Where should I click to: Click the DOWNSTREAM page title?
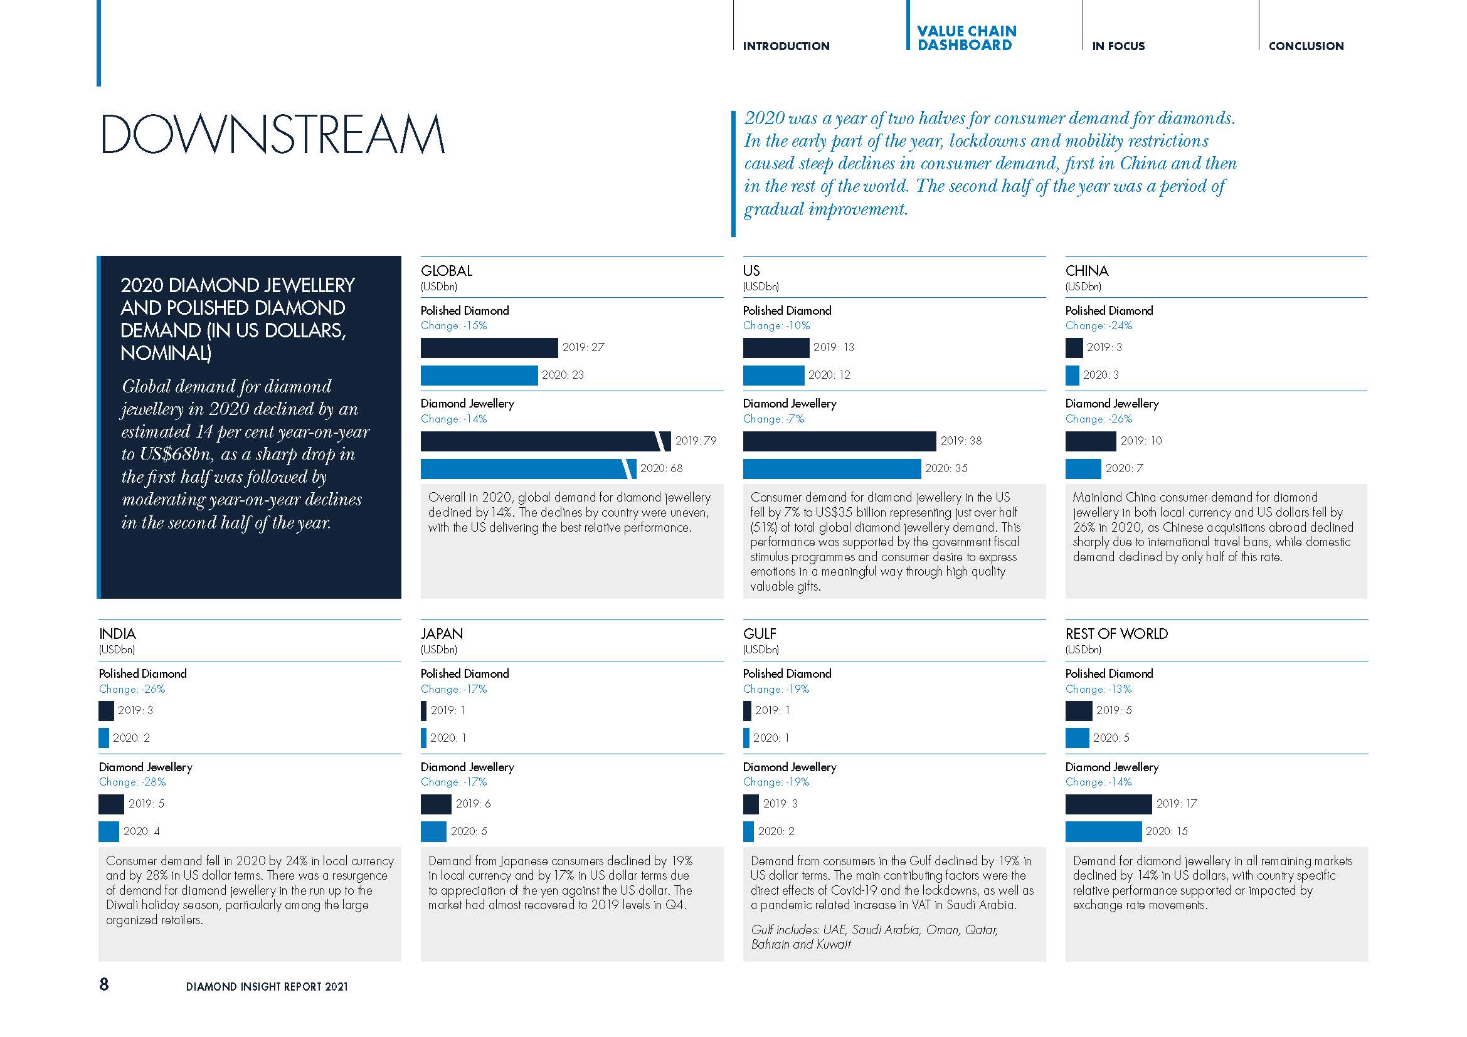tap(273, 134)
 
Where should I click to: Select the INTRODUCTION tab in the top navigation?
tap(786, 46)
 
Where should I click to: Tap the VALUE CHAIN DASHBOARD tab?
tap(966, 38)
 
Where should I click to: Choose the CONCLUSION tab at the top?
tap(1306, 46)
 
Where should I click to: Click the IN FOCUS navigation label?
tap(1118, 46)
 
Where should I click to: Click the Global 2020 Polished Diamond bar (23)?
tap(479, 376)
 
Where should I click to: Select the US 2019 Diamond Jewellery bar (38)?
tap(839, 441)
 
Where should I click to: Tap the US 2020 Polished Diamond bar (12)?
tap(773, 376)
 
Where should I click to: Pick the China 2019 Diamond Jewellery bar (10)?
tap(1090, 441)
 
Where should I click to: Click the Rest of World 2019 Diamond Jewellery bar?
tap(1108, 804)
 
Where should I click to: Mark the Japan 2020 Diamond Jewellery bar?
tap(433, 831)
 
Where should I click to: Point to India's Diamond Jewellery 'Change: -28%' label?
tap(132, 782)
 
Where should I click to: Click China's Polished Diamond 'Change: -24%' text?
tap(1098, 325)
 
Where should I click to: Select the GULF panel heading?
tap(759, 634)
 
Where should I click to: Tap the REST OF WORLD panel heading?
tap(1116, 634)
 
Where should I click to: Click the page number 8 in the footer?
tap(104, 984)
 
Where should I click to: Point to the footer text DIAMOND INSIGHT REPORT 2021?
tap(267, 987)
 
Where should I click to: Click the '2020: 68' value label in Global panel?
tap(661, 469)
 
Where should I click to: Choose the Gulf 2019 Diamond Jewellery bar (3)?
tap(751, 804)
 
